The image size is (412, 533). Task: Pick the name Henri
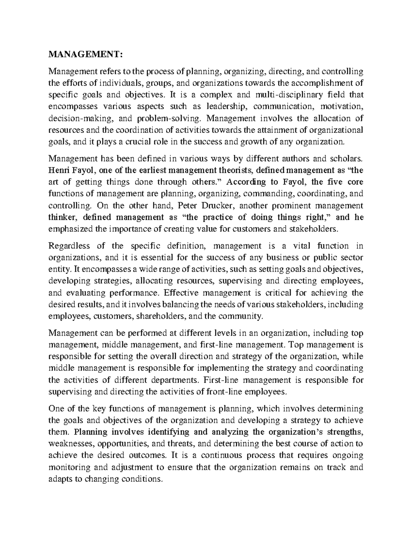[59, 170]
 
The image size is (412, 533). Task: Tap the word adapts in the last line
[60, 479]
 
